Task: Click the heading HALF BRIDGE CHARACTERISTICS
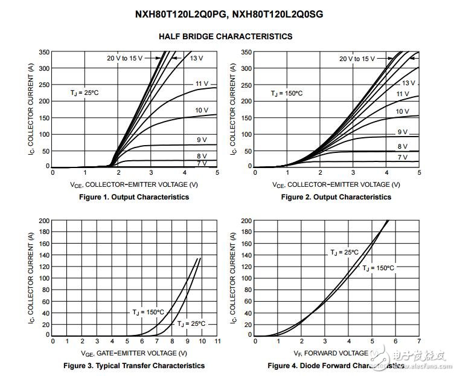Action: [225, 36]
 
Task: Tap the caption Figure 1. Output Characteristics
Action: [134, 197]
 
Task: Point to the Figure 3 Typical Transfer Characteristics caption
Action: [134, 366]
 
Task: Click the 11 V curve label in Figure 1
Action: [202, 83]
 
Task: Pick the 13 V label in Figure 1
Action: [196, 58]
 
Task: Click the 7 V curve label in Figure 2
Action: [403, 157]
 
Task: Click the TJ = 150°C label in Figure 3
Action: [148, 312]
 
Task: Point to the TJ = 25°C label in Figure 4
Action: [344, 252]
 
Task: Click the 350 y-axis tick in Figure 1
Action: [43, 53]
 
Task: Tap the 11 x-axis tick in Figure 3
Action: [217, 342]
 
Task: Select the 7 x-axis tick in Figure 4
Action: [418, 342]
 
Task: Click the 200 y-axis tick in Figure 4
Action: [245, 221]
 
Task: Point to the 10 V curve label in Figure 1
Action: [202, 111]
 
